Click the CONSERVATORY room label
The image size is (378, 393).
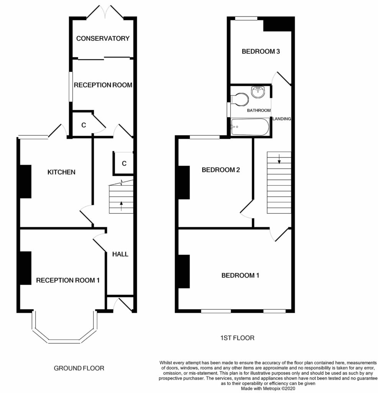click(x=102, y=38)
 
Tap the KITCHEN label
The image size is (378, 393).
click(x=61, y=172)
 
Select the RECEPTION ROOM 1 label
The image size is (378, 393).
click(x=68, y=281)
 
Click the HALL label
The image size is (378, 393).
click(x=120, y=254)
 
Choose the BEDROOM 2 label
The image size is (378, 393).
click(x=221, y=170)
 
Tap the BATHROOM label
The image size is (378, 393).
click(x=258, y=111)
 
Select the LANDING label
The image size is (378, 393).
click(x=282, y=119)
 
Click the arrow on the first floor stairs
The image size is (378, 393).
click(x=279, y=158)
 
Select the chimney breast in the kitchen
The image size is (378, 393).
click(x=25, y=182)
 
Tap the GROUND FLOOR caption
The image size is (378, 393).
click(x=79, y=368)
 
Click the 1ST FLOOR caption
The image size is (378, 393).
click(x=237, y=338)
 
